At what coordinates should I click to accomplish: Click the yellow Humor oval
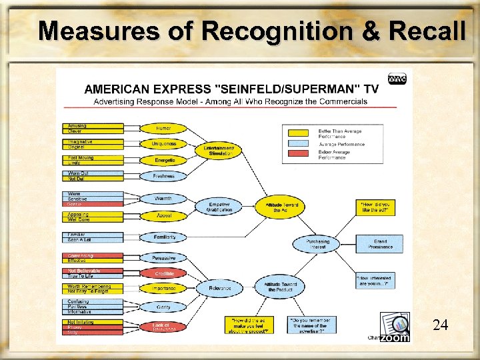point(163,127)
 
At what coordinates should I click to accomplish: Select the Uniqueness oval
point(163,143)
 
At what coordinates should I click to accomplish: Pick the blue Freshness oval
point(163,176)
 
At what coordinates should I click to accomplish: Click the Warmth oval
point(163,199)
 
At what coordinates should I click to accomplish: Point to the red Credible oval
point(164,273)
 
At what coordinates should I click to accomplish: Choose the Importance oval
point(164,289)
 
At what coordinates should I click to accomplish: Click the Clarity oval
point(163,307)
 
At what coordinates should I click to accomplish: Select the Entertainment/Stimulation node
point(220,150)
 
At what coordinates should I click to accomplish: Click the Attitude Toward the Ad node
point(282,206)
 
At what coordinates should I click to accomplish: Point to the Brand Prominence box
point(379,244)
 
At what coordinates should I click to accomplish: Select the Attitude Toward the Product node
point(281,287)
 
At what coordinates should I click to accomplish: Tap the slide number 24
point(440,325)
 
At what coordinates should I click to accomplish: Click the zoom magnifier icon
point(395,327)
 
